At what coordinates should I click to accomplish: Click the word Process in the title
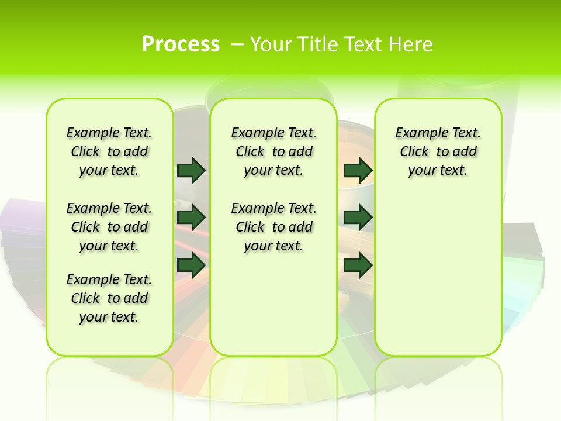(181, 44)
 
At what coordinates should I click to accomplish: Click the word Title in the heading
(317, 44)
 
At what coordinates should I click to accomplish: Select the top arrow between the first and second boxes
(191, 170)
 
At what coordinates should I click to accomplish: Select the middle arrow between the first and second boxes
(191, 218)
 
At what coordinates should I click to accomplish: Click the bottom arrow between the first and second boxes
(191, 265)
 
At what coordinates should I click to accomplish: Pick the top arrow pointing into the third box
(358, 170)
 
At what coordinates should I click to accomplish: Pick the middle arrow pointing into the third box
(358, 218)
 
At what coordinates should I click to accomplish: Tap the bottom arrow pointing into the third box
(358, 265)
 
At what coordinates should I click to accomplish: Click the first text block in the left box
(109, 151)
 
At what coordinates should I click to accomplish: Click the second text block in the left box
(109, 227)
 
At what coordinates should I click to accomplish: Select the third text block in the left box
(109, 298)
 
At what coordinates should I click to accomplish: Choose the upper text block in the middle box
(273, 151)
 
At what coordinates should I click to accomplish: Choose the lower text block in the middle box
(273, 227)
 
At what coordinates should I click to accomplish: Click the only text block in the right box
(438, 151)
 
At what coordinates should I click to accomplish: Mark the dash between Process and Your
(238, 44)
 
